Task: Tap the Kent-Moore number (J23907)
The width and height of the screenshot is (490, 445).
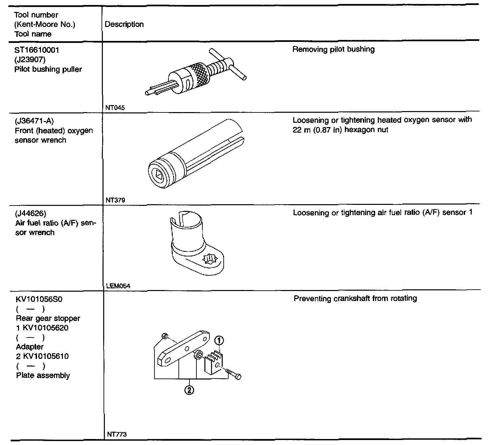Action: [30, 60]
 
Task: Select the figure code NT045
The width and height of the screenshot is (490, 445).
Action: [115, 108]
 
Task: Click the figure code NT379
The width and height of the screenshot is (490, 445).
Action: [115, 200]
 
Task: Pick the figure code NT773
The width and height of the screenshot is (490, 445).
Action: [117, 434]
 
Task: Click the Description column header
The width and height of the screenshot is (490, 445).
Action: [124, 24]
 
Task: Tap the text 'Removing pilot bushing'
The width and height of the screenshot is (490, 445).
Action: [333, 50]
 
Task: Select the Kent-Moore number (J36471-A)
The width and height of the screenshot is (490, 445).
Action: [34, 121]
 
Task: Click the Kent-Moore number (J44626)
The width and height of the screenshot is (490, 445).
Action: [31, 213]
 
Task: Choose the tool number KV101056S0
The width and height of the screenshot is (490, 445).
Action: [39, 299]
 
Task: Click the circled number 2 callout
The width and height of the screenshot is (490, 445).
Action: [189, 390]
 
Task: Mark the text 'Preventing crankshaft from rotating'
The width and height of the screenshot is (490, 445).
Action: [355, 298]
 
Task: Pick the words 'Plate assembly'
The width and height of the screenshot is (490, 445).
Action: [43, 375]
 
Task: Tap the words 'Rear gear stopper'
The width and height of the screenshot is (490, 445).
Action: [48, 318]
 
